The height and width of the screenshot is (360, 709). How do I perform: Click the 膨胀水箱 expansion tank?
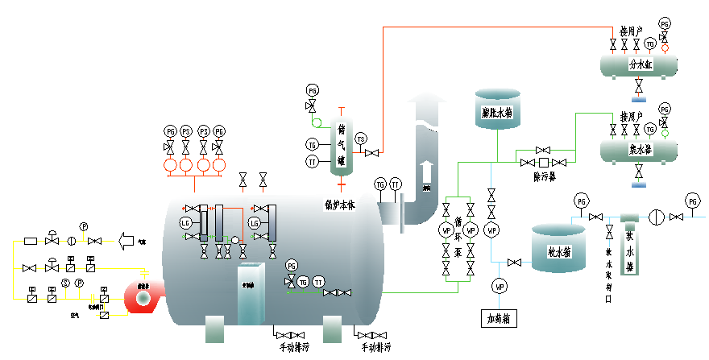pyautogui.click(x=497, y=111)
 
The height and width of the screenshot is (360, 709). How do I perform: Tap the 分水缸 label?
pyautogui.click(x=641, y=64)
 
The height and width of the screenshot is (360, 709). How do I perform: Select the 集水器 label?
pyautogui.click(x=641, y=149)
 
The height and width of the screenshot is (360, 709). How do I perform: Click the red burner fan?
pyautogui.click(x=143, y=297)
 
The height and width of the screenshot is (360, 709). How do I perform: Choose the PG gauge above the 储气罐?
pyautogui.click(x=313, y=90)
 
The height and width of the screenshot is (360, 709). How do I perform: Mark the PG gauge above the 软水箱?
pyautogui.click(x=582, y=201)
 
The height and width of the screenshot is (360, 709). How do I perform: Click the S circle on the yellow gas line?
pyautogui.click(x=67, y=283)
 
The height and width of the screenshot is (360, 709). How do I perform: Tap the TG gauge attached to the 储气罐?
pyautogui.click(x=312, y=145)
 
